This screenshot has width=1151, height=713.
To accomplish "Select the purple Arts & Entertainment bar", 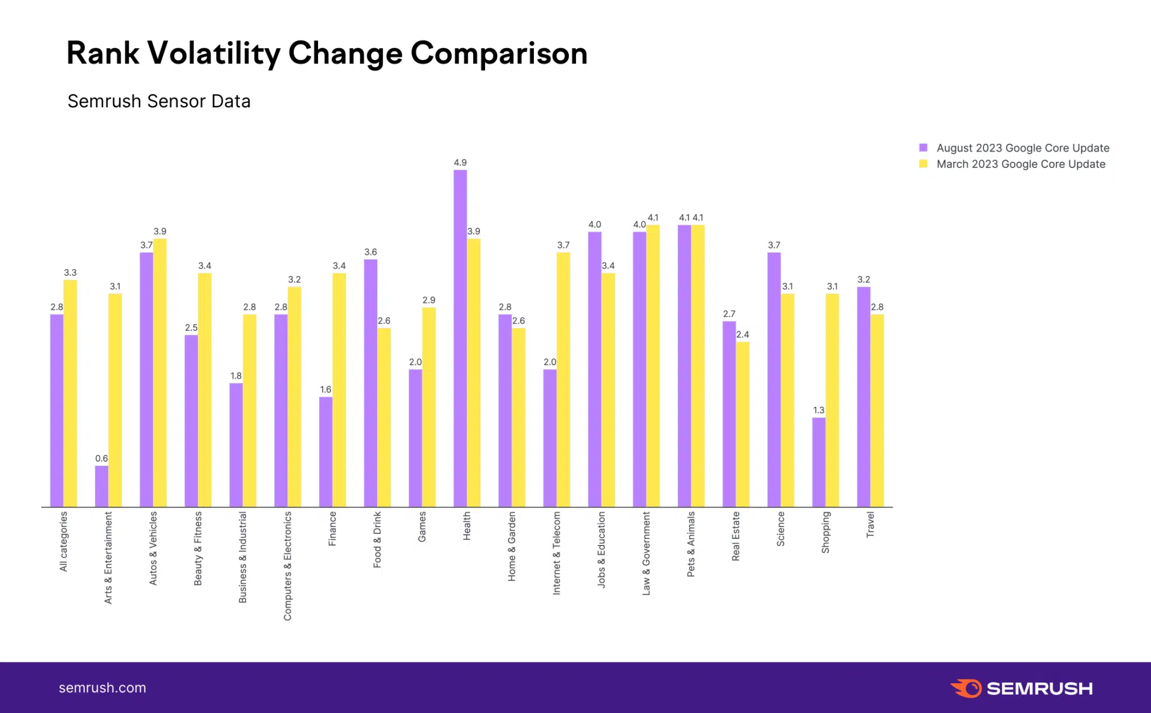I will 102,486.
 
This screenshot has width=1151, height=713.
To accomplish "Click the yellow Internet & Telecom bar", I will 563,380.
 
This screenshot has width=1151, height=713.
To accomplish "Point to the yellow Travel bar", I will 877,411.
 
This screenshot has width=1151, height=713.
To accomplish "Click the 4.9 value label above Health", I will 460,162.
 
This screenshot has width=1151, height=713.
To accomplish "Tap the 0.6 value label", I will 102,458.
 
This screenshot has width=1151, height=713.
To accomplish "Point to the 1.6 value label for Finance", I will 325,389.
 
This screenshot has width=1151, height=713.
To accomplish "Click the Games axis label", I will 422,527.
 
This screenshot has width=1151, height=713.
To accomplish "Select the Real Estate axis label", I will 736,536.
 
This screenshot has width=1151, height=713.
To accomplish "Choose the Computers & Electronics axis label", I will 288,566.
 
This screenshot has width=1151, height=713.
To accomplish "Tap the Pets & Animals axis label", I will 691,544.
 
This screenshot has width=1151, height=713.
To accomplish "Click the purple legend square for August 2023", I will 923,148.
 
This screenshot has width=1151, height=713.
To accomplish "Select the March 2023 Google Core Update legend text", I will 1021,164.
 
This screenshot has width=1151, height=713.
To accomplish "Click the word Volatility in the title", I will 214,54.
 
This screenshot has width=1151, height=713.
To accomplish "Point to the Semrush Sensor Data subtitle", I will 159,101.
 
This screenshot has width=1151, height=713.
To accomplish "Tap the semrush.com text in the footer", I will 102,688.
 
